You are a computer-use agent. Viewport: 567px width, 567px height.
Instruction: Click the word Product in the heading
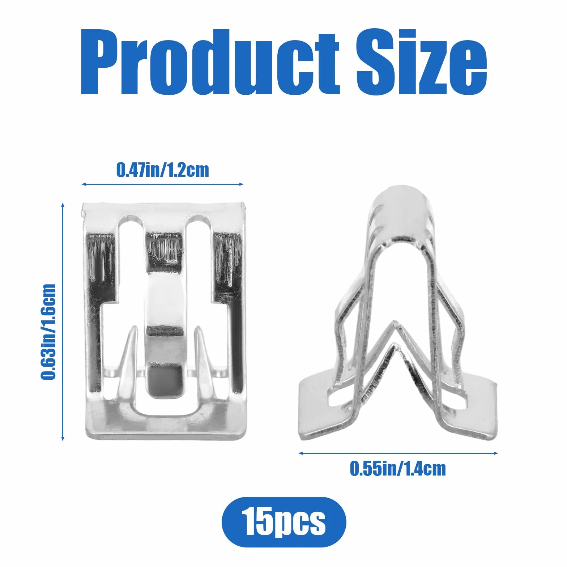pos(210,62)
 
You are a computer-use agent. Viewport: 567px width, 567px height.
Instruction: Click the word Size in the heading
pos(422,62)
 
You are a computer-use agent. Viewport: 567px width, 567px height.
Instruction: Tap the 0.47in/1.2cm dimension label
pos(162,170)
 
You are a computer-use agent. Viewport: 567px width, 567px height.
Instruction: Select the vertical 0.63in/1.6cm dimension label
pos(48,332)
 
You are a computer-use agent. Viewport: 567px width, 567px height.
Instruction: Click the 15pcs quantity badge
pos(284,522)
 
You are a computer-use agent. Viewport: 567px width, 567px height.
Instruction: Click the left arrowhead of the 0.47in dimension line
pos(84,184)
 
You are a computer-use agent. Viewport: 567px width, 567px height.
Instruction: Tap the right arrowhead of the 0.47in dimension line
pos(241,184)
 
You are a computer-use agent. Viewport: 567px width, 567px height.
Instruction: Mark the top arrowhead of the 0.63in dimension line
pos(63,205)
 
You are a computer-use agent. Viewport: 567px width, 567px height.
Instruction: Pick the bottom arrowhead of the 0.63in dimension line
pos(63,438)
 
